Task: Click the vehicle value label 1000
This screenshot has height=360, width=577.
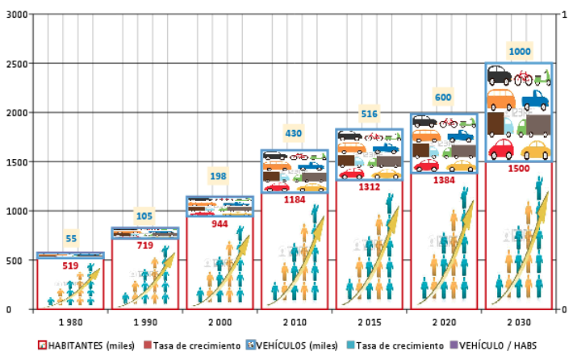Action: (x=520, y=52)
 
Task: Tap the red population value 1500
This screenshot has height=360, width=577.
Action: (x=520, y=170)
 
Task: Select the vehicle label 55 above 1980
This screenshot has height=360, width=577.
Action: (x=71, y=238)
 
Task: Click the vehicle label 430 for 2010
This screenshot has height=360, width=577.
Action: (x=293, y=133)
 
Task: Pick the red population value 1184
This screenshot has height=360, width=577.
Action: (x=295, y=199)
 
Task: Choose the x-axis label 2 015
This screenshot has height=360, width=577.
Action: (x=369, y=322)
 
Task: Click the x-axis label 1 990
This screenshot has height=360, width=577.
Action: (x=145, y=322)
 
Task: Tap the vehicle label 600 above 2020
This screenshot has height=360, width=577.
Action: (x=443, y=98)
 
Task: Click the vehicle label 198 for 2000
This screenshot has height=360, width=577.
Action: (x=220, y=177)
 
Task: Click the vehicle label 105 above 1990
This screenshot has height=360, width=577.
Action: (x=145, y=216)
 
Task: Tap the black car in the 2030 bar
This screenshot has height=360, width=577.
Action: (x=499, y=77)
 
